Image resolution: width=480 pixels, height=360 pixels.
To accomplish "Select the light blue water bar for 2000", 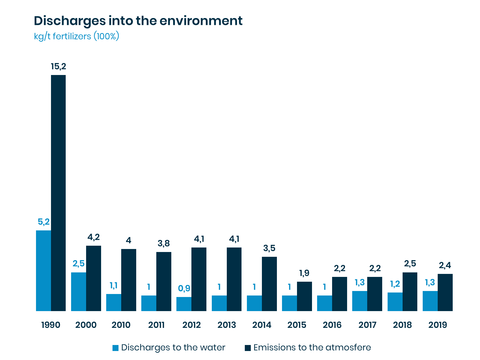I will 79,292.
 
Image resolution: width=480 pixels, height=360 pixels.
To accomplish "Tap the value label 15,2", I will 58,67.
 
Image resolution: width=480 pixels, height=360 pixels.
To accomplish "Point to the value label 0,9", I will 184,289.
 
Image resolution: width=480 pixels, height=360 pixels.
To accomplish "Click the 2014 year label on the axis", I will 262,325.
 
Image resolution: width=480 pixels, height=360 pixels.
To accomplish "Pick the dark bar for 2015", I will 304,296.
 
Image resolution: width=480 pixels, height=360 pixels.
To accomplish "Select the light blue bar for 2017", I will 360,301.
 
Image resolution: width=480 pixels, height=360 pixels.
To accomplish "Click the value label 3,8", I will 163,244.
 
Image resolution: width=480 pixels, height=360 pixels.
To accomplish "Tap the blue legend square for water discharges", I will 115,348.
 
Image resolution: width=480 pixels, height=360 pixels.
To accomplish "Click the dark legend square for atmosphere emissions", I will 248,348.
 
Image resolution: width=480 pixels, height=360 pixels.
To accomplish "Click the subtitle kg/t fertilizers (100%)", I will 76,36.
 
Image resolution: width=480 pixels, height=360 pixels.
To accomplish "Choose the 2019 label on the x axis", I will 437,325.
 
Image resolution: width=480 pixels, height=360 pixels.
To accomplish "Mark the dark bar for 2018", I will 410,292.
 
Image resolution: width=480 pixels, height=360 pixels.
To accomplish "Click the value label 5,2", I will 43,222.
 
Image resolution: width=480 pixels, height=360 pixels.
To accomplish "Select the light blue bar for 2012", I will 184,304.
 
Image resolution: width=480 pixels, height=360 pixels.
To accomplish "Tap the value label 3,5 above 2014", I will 269,248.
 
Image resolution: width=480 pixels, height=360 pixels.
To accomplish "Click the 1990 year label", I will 51,325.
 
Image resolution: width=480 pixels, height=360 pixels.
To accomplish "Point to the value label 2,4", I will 445,265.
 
